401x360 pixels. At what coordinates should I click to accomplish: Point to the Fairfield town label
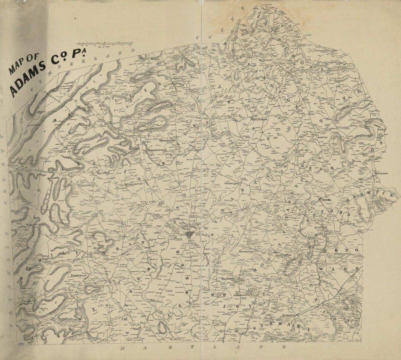[79, 276]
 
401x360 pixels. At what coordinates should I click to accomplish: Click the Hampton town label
[322, 137]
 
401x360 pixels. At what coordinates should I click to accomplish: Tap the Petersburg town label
[265, 59]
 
